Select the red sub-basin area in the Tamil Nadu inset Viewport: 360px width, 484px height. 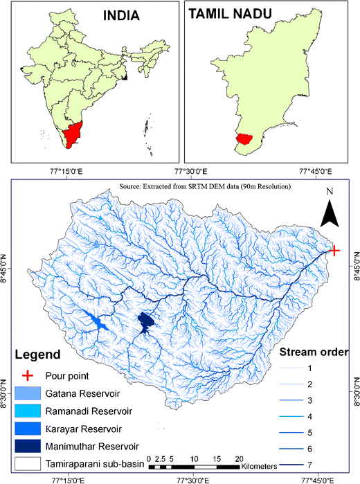243,138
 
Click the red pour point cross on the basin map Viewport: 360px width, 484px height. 334,251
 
